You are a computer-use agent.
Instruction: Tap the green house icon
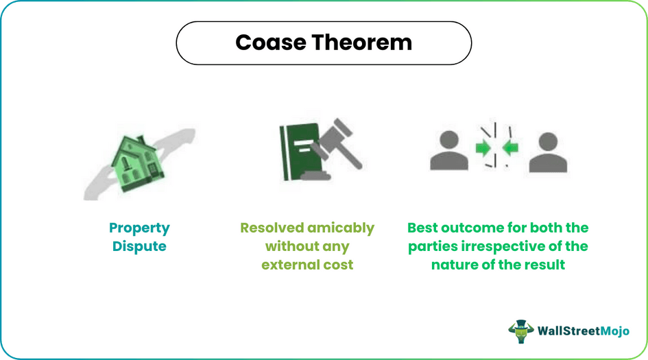coord(133,160)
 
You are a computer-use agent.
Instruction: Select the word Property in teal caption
coord(139,228)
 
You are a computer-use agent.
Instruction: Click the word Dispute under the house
coord(139,246)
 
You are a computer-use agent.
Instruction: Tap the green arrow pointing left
coord(509,147)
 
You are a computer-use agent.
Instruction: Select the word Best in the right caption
coord(424,228)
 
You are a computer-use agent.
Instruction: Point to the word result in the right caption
coord(544,264)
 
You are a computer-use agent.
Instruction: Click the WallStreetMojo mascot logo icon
coord(521,331)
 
